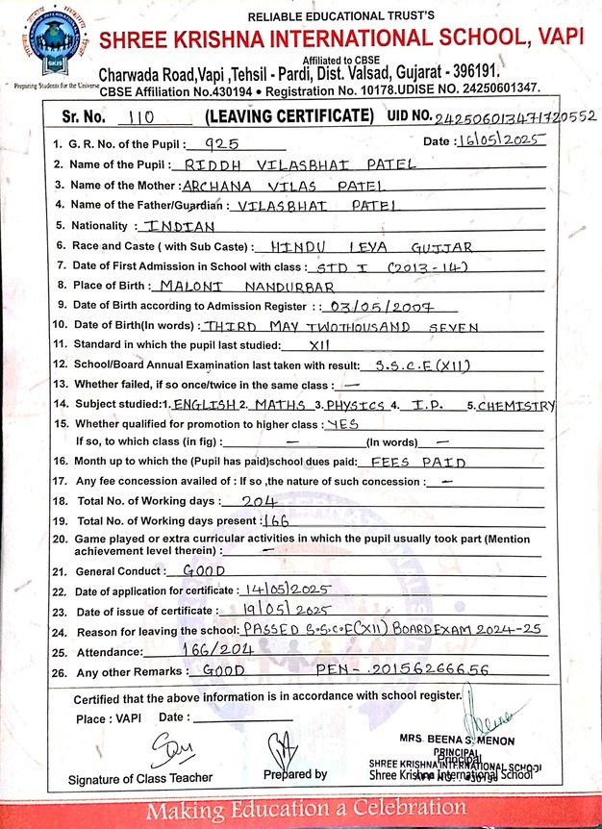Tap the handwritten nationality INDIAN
179,226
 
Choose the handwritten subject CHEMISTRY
516,405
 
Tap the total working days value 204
259,502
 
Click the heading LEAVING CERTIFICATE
288,116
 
